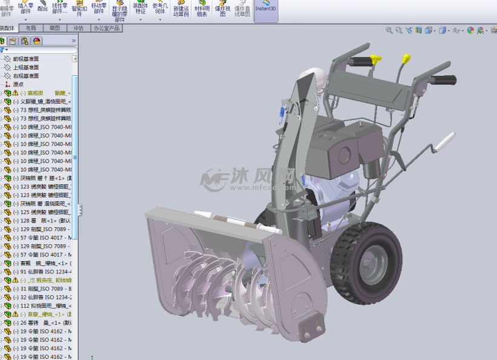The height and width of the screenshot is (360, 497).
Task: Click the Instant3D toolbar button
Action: click(x=265, y=10)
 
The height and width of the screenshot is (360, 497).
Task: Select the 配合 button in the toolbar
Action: click(x=42, y=9)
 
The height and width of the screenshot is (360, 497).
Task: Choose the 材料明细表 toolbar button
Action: click(x=202, y=11)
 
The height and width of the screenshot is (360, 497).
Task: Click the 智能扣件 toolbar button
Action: click(x=79, y=10)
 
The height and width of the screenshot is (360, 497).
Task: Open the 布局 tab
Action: click(x=32, y=28)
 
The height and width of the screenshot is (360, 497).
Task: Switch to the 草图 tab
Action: click(x=55, y=28)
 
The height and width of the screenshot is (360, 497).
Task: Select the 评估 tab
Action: click(x=79, y=28)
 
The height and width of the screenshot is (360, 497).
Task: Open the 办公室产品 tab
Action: click(x=107, y=28)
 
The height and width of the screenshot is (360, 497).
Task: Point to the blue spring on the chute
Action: click(x=281, y=111)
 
